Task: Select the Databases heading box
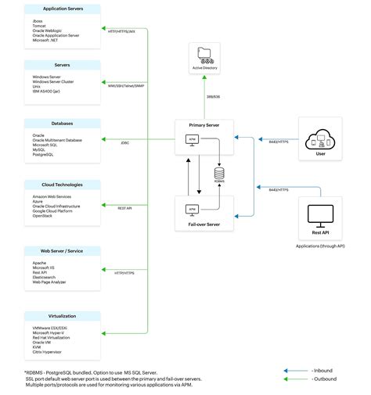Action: coord(62,124)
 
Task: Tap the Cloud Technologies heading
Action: coord(62,185)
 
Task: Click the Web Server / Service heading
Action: coord(62,250)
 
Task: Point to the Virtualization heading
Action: coord(62,316)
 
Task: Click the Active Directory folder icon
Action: coord(205,56)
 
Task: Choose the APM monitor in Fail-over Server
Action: coord(191,210)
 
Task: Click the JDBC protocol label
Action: coord(125,143)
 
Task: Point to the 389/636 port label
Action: coord(212,97)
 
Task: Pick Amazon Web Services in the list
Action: coord(54,196)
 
